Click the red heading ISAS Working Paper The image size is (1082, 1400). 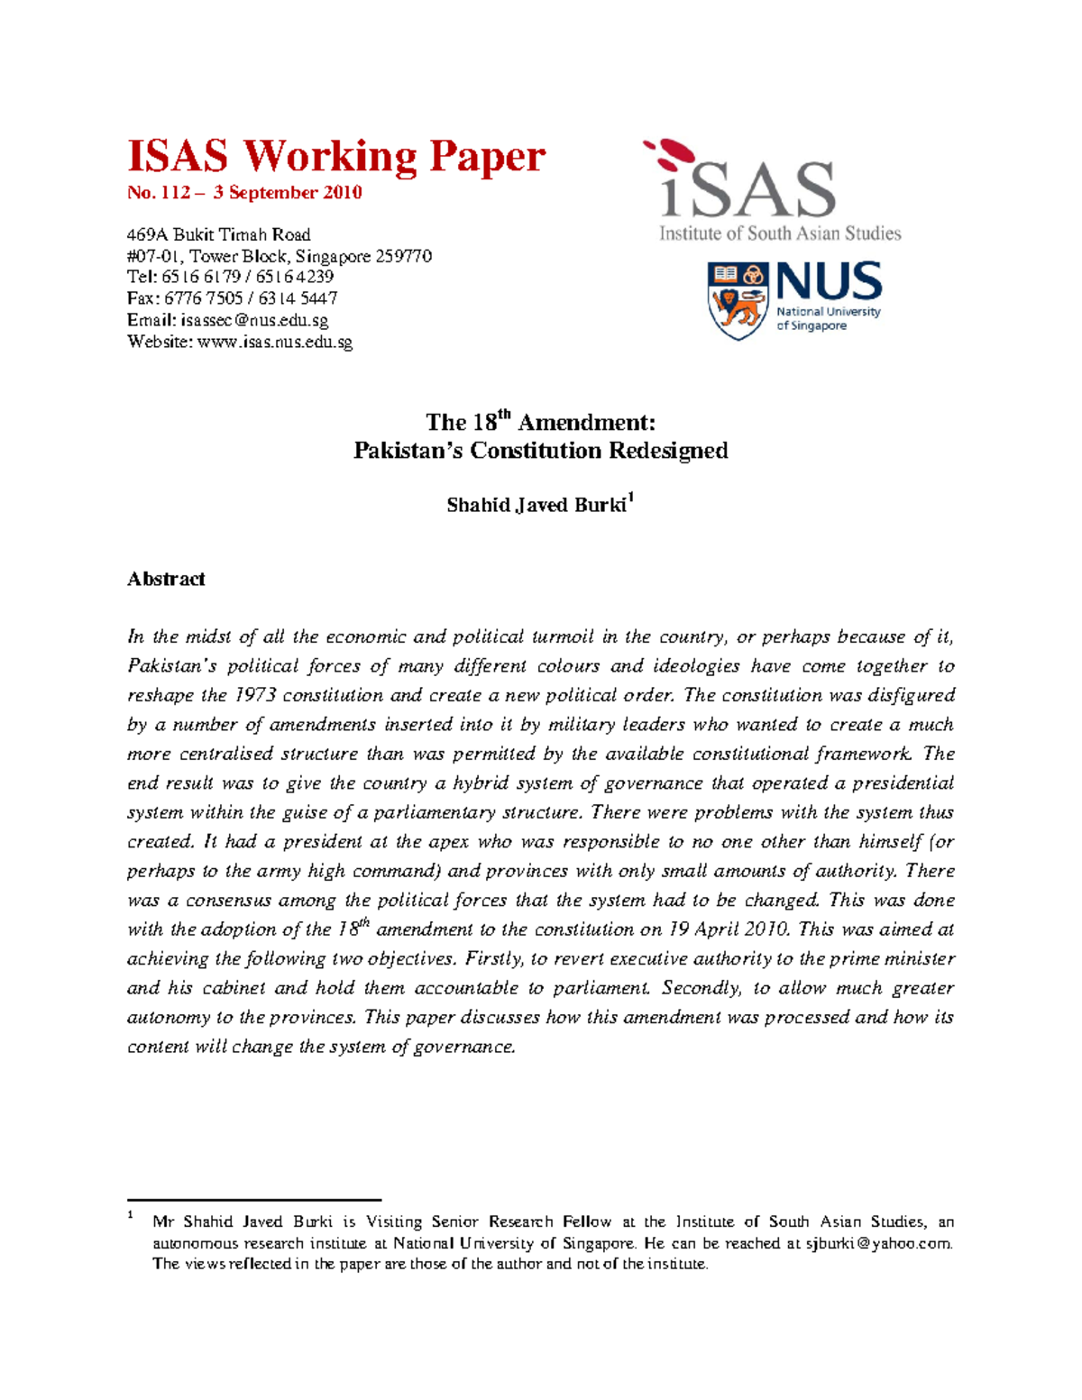tap(335, 156)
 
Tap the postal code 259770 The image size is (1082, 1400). tap(403, 256)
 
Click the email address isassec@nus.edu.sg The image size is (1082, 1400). tap(254, 320)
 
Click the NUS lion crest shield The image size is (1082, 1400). tap(738, 300)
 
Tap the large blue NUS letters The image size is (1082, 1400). tap(829, 281)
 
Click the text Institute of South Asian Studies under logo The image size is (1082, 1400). tap(780, 233)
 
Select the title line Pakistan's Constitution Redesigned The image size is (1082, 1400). tap(540, 451)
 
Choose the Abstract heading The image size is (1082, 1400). tap(166, 579)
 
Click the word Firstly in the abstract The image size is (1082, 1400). tap(492, 958)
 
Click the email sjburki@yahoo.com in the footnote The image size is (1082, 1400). tap(878, 1243)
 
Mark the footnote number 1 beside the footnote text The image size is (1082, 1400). tap(131, 1216)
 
